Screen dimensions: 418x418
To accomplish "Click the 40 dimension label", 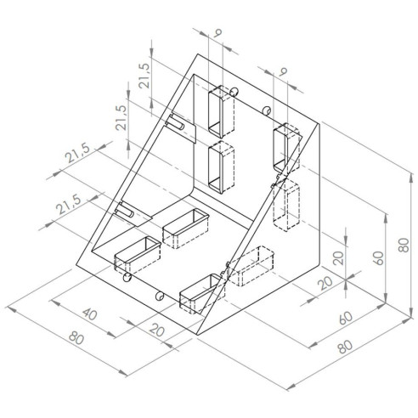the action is (90, 314).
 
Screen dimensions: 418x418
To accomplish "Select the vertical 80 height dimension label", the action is (404, 246).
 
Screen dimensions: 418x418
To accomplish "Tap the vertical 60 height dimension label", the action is (379, 258).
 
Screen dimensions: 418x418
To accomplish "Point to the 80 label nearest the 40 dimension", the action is (76, 337).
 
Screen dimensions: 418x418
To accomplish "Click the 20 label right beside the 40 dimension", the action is (157, 330).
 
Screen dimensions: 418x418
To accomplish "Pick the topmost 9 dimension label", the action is (217, 33).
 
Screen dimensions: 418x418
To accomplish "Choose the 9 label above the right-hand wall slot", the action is (283, 71).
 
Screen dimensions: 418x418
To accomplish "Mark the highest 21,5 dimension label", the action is (144, 76).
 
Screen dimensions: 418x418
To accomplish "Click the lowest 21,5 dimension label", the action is (68, 204).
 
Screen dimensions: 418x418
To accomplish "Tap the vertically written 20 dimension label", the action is (338, 258).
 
